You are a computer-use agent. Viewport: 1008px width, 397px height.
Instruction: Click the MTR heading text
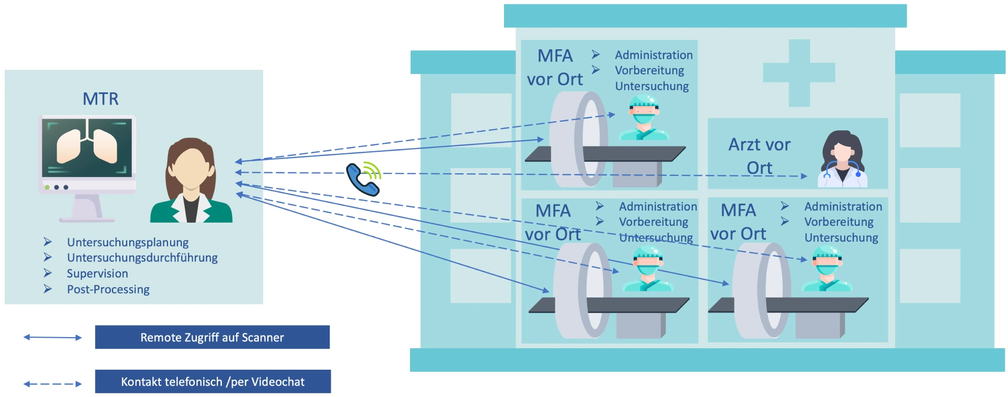[100, 99]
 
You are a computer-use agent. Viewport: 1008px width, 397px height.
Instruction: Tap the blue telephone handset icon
[362, 180]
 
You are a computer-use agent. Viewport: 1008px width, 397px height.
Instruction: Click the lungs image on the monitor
[87, 146]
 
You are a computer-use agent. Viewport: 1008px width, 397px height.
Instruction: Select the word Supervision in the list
[97, 274]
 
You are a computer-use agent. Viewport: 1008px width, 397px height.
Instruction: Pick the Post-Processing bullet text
[108, 289]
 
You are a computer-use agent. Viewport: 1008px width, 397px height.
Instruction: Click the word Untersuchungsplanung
[128, 243]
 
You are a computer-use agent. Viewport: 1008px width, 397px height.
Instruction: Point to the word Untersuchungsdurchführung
[142, 258]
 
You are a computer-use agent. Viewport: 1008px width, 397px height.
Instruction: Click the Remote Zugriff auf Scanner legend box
[212, 337]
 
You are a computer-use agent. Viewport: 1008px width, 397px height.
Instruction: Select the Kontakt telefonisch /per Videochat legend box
[213, 382]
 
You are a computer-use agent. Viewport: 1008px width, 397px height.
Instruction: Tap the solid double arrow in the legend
[52, 337]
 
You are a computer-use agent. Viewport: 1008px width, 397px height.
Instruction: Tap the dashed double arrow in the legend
[52, 384]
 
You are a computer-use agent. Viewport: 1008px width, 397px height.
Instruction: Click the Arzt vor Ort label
[759, 156]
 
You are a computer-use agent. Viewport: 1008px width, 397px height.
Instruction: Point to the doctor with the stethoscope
[842, 160]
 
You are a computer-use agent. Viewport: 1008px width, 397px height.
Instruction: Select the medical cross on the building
[799, 73]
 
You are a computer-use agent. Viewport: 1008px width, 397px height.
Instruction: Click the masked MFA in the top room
[644, 118]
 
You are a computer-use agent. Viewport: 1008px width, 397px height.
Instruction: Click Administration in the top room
[654, 55]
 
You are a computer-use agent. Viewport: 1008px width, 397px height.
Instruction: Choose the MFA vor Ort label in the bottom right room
[738, 222]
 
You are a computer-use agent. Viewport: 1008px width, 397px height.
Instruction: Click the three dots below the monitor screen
[56, 187]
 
